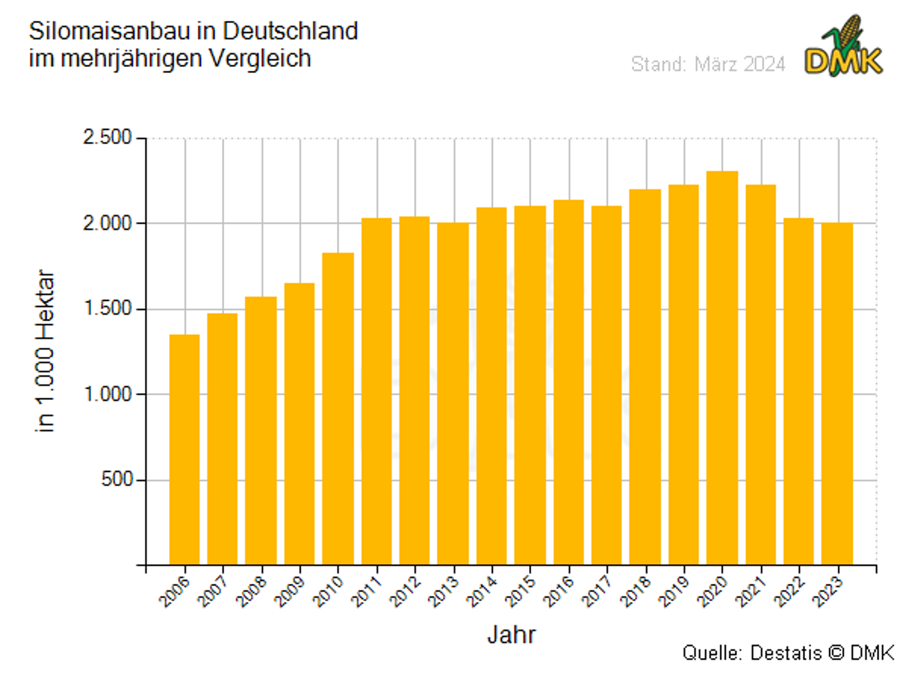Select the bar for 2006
[184, 450]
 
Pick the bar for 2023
[837, 394]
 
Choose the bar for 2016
[569, 382]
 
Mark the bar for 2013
[453, 394]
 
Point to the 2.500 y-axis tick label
[107, 137]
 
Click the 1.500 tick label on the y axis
[107, 308]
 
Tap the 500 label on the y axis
[116, 479]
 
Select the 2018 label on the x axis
[635, 592]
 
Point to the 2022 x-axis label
[789, 592]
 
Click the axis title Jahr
[511, 634]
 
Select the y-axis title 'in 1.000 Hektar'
[45, 351]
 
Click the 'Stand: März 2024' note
[708, 64]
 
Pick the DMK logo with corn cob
[843, 48]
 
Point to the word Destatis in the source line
[785, 653]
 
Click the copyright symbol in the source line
[836, 653]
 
